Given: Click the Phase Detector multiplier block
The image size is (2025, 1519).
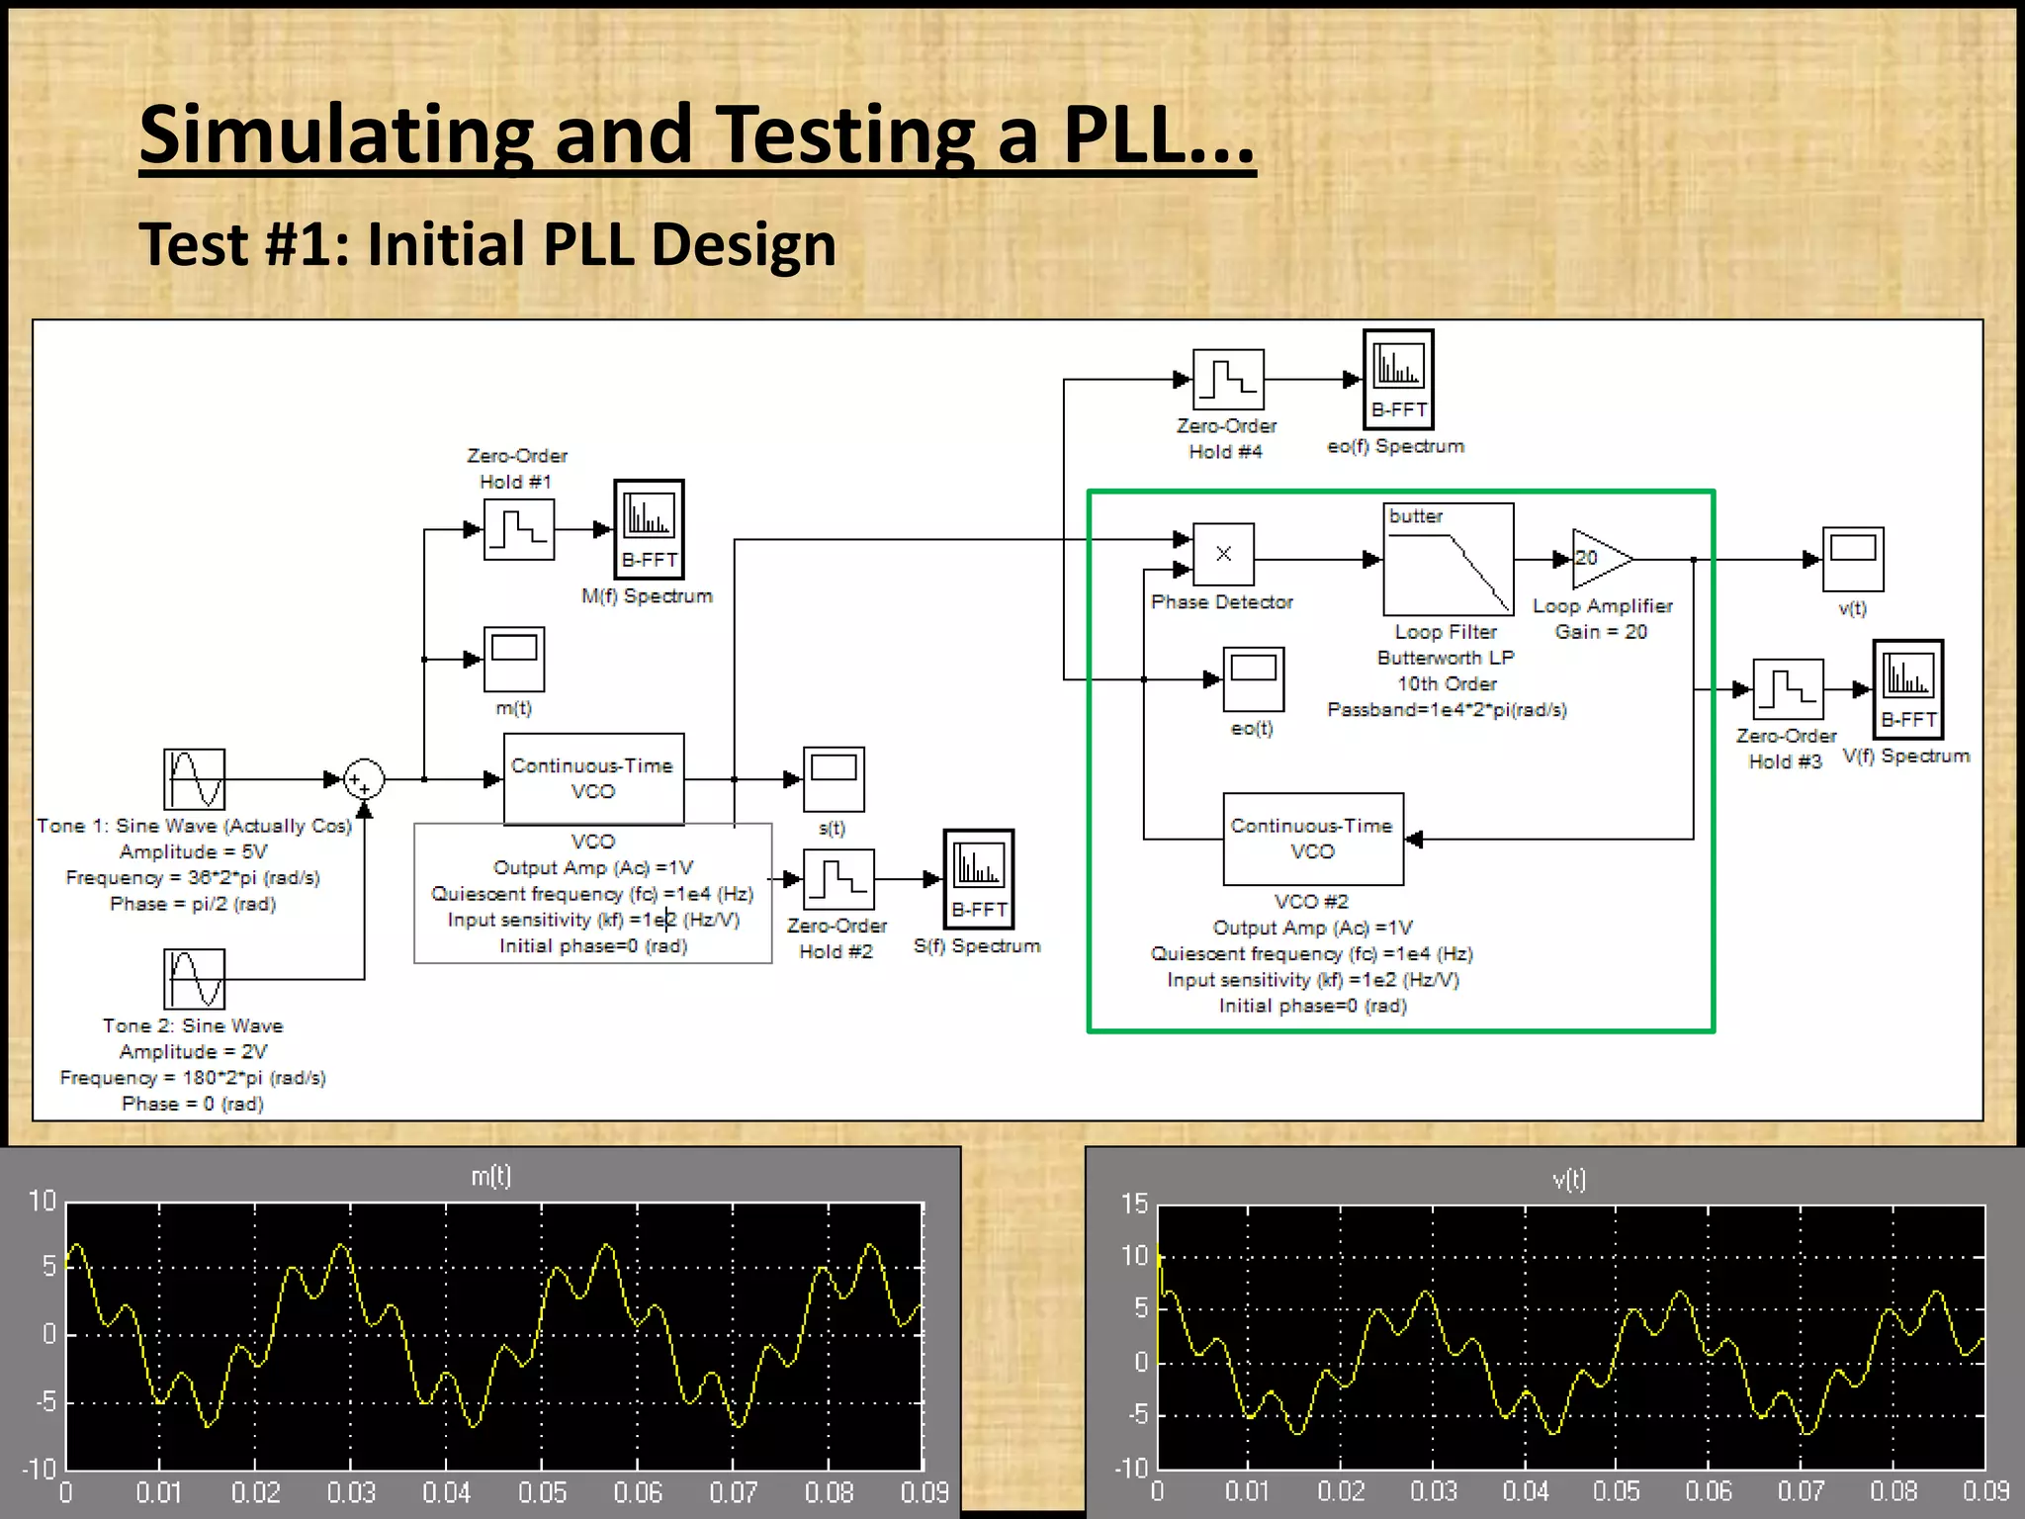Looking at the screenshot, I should click(x=1223, y=554).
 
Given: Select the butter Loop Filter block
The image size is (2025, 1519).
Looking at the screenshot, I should click(x=1448, y=559).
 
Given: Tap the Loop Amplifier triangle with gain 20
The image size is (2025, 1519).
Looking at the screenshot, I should click(x=1600, y=559).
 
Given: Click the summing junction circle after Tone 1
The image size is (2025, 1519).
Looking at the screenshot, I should click(x=363, y=779).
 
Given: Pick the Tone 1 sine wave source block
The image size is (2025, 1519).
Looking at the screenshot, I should click(x=194, y=779).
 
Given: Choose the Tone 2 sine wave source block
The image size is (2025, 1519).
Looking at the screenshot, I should click(x=194, y=979).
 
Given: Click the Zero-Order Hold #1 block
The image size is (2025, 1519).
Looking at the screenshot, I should click(x=518, y=529).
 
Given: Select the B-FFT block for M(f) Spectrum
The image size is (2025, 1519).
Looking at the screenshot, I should click(x=649, y=529).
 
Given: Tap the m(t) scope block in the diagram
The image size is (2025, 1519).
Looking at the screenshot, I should click(x=513, y=659).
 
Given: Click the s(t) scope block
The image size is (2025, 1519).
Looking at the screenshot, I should click(x=834, y=779).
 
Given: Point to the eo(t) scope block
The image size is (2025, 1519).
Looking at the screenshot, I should click(x=1253, y=679).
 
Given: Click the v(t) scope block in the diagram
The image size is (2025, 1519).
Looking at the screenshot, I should click(x=1853, y=559).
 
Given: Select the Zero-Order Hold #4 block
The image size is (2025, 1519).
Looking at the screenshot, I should click(x=1228, y=379).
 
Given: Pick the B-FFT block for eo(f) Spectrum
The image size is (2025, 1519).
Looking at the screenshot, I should click(x=1398, y=379).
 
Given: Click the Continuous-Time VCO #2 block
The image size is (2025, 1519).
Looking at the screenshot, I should click(x=1312, y=839).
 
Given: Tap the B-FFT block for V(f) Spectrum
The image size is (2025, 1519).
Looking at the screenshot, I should click(x=1907, y=689).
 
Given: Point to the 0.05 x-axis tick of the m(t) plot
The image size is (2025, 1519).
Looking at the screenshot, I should click(x=542, y=1492).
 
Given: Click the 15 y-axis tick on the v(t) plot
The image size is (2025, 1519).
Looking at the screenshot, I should click(x=1134, y=1204).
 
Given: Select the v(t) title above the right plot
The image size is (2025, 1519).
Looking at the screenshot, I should click(x=1569, y=1179).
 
